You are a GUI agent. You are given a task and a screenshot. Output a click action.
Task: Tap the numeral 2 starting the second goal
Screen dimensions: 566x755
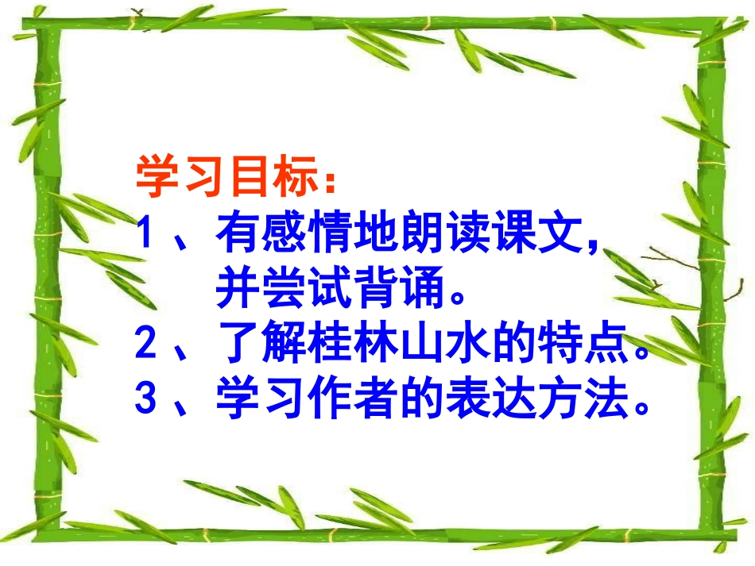[145, 344]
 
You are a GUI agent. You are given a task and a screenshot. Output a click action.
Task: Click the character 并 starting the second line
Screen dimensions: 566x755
[236, 289]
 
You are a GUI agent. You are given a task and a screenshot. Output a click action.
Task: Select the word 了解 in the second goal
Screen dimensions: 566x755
[257, 344]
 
